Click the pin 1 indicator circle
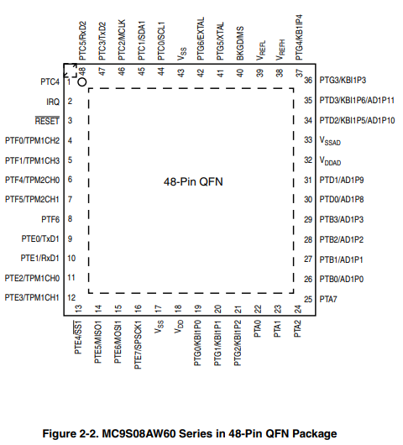(x=82, y=82)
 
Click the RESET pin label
(x=47, y=121)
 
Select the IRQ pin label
(x=53, y=102)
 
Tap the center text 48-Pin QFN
(x=193, y=181)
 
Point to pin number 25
(x=308, y=299)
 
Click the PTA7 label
(x=328, y=299)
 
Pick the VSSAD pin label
(x=330, y=141)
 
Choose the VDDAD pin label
(x=330, y=161)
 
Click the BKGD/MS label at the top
(x=240, y=44)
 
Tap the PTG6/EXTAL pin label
(x=201, y=39)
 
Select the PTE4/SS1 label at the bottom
(x=78, y=338)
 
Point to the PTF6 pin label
(x=50, y=219)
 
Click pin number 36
(x=308, y=80)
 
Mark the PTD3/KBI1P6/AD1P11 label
(x=357, y=100)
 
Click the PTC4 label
(x=50, y=81)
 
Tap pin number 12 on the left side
(x=71, y=297)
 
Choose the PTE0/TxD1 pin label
(x=40, y=238)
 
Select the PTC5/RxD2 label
(x=82, y=41)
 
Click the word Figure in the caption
(x=59, y=434)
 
